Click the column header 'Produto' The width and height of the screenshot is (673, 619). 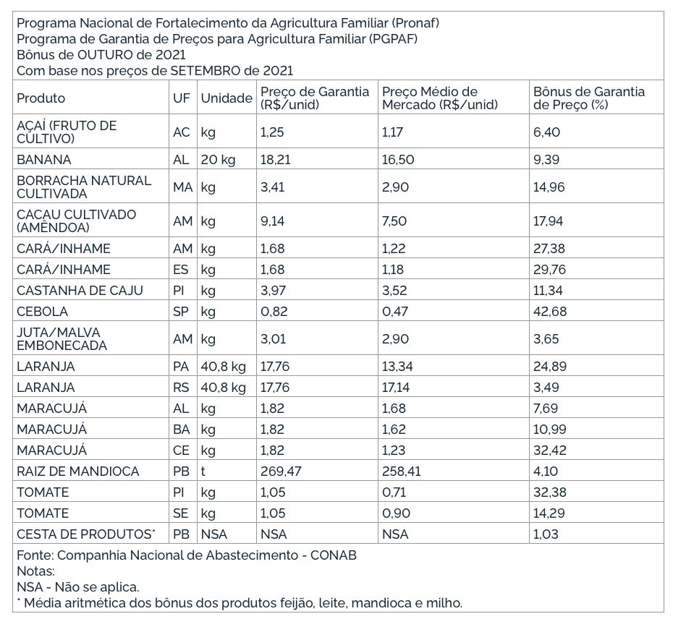(x=41, y=98)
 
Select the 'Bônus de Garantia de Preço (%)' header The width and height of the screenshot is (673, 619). (x=588, y=98)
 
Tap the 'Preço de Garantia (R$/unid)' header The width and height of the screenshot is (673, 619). (x=314, y=98)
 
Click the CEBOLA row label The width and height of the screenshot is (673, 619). (x=42, y=312)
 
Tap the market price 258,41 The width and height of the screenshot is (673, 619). (x=401, y=471)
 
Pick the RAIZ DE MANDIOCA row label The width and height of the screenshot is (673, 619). (x=77, y=471)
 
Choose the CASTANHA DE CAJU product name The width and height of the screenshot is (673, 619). (x=80, y=291)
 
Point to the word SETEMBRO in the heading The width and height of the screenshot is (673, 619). (x=206, y=70)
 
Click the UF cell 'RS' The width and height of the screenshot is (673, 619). (x=181, y=388)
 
